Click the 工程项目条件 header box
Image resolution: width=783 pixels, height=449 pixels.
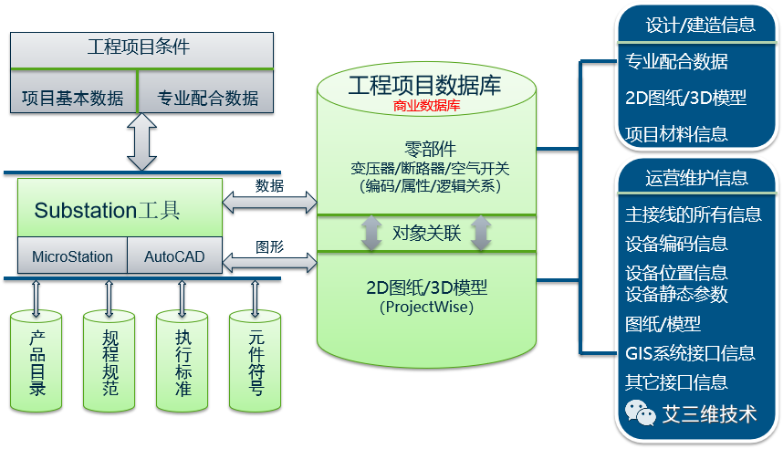[x=141, y=48]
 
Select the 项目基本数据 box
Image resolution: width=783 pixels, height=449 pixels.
[x=72, y=98]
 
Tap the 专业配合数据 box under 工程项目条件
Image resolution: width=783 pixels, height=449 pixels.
[x=207, y=98]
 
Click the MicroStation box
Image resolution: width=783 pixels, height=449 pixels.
[x=72, y=256]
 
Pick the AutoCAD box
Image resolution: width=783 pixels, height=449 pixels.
[x=174, y=256]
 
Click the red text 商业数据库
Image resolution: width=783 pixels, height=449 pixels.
[x=426, y=107]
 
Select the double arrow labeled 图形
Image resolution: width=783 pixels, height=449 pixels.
[x=269, y=263]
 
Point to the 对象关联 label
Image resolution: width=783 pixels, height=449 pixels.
[x=426, y=233]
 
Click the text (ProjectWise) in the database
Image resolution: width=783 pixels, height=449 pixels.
[x=426, y=308]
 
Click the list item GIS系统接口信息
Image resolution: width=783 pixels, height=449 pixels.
[x=690, y=353]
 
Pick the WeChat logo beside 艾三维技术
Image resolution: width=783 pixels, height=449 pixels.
[x=641, y=413]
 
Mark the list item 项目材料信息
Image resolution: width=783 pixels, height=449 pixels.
[x=676, y=134]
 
